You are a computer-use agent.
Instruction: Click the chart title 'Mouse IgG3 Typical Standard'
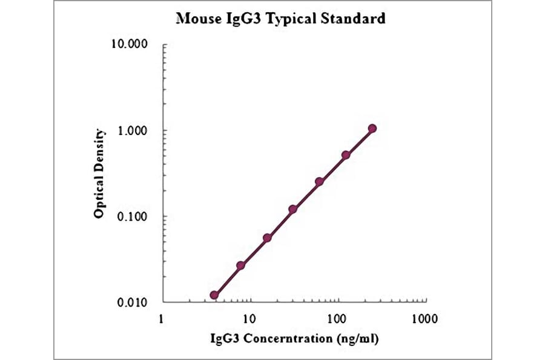(280, 19)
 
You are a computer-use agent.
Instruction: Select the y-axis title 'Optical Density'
(100, 173)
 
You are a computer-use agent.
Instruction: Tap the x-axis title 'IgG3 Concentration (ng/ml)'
(294, 338)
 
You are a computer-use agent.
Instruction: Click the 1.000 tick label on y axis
(133, 131)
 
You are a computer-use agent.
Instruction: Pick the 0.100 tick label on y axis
(133, 216)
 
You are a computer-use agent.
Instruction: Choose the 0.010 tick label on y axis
(133, 302)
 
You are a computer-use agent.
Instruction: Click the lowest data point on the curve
(214, 295)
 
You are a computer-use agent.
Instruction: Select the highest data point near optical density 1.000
(372, 128)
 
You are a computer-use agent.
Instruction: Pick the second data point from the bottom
(240, 265)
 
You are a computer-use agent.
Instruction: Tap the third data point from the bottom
(267, 238)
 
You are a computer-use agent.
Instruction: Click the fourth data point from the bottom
(293, 209)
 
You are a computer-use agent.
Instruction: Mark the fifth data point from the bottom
(319, 181)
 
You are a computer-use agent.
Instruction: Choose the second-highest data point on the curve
(346, 155)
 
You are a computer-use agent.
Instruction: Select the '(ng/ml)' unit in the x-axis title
(358, 338)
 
